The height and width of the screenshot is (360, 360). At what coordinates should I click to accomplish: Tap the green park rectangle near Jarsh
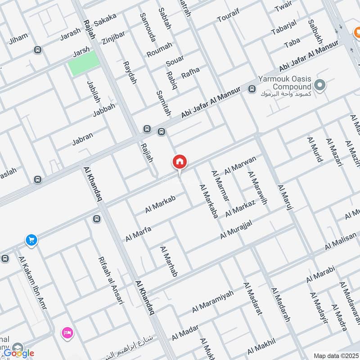point(84,63)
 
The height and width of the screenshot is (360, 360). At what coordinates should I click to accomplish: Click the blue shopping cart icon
point(31,240)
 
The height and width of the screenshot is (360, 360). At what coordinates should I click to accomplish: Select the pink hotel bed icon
point(68,333)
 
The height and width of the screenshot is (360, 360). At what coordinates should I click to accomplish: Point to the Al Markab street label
point(160,204)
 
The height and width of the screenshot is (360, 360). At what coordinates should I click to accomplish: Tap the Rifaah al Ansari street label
point(110,280)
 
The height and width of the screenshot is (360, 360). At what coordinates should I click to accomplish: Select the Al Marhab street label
point(168,261)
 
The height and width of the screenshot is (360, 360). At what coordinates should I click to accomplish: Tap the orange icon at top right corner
point(355,32)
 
